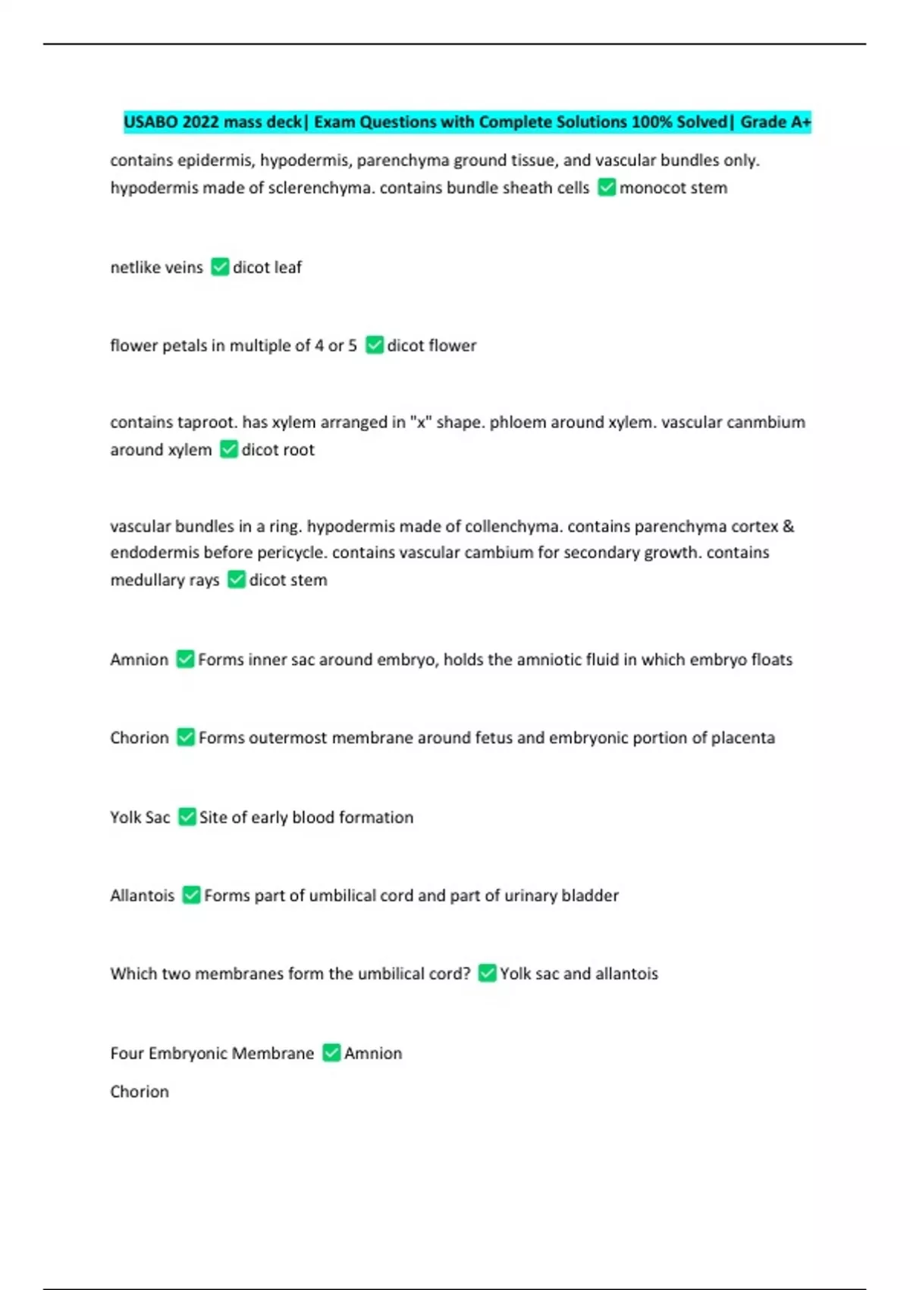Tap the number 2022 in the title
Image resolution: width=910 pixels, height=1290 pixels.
[200, 122]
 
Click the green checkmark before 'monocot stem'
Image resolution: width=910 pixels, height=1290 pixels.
[606, 187]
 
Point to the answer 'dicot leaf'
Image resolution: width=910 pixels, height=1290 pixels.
[267, 267]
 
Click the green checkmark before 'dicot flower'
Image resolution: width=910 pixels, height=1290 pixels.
[374, 345]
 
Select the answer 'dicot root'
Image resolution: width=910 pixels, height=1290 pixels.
[278, 450]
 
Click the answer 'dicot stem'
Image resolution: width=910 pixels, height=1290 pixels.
[288, 580]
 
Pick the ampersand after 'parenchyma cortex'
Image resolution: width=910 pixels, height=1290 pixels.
[788, 527]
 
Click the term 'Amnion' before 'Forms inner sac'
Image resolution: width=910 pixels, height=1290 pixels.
[139, 660]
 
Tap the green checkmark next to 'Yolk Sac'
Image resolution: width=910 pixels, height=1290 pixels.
[187, 817]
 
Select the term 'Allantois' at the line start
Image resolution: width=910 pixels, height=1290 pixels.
[142, 896]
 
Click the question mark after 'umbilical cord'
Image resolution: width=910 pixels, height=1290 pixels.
[466, 974]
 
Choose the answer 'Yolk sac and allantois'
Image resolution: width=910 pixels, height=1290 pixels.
[579, 974]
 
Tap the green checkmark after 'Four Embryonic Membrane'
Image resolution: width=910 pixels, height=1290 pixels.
[331, 1053]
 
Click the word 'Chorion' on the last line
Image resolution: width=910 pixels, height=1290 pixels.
[140, 1092]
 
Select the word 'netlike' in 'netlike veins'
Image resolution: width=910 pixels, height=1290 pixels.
[134, 267]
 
